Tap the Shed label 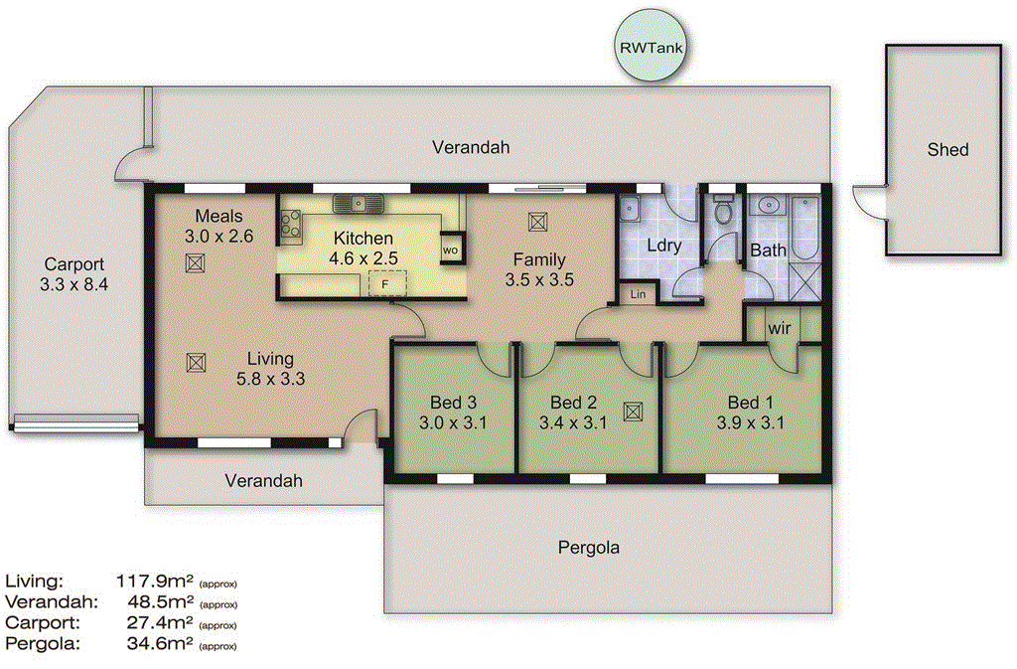pos(947,150)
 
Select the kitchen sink pos(357,204)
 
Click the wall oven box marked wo pos(451,250)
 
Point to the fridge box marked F pos(386,285)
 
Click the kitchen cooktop pos(291,228)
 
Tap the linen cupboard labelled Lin pos(636,295)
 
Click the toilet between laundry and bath pos(723,211)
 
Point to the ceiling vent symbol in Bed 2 pos(633,411)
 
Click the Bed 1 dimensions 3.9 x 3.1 pos(750,422)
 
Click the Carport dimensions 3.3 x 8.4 pos(73,285)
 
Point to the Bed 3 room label pos(453,403)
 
